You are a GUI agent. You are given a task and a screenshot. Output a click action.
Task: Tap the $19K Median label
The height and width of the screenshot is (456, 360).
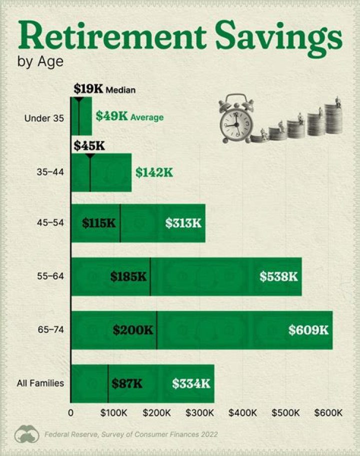click(104, 89)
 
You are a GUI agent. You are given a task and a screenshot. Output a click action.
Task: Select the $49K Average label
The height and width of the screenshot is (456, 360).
click(129, 117)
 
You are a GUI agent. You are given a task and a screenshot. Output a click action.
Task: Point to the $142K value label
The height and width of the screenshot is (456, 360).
click(154, 172)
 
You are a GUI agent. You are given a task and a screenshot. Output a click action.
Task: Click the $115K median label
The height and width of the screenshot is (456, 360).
click(98, 223)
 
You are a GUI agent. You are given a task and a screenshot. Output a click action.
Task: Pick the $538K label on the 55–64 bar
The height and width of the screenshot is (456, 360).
click(278, 276)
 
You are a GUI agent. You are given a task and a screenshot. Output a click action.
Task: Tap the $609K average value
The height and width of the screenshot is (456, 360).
click(308, 330)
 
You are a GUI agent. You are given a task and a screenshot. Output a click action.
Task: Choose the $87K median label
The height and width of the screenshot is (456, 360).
click(127, 383)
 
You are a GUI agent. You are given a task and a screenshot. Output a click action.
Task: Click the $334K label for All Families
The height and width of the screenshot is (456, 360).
click(191, 383)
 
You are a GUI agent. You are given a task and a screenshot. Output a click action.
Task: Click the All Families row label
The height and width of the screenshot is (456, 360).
click(40, 383)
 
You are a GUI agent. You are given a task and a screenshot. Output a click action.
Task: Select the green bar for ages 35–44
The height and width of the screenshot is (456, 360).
click(110, 172)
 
